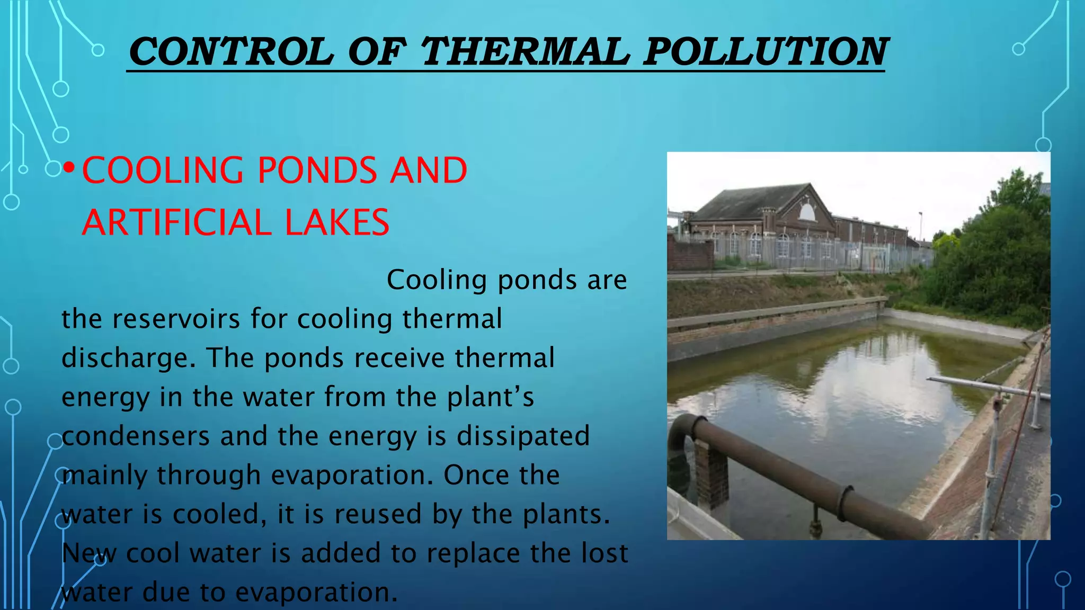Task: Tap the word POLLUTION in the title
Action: pyautogui.click(x=764, y=52)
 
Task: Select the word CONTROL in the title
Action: pyautogui.click(x=231, y=52)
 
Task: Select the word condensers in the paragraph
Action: pyautogui.click(x=135, y=436)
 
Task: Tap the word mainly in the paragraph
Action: pyautogui.click(x=104, y=476)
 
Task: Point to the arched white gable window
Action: pyautogui.click(x=806, y=212)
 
